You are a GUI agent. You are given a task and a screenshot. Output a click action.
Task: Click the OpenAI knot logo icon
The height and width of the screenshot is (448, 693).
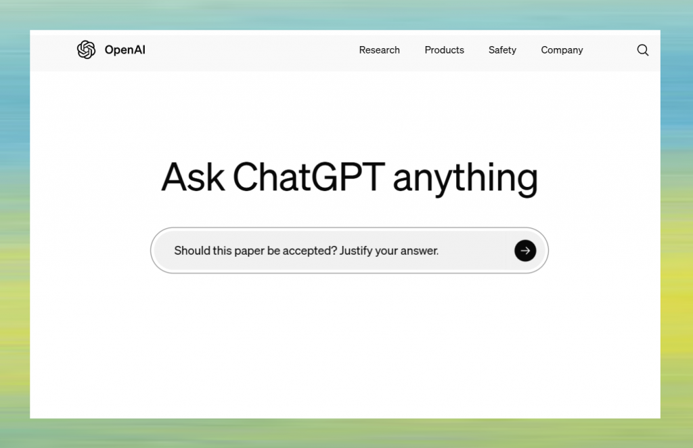(x=86, y=49)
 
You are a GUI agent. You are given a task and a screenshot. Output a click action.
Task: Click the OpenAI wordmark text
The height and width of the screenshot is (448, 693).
(x=125, y=50)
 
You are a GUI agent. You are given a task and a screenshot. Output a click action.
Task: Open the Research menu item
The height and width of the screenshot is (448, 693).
(x=379, y=50)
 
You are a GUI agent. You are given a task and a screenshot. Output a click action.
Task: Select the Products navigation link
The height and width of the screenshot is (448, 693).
(x=444, y=50)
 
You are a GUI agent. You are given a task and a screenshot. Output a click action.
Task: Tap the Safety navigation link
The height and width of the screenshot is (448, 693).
(x=502, y=50)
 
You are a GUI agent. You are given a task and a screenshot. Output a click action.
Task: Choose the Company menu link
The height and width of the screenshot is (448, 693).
(x=562, y=50)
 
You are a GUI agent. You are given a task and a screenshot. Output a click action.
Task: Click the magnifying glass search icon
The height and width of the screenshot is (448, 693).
(x=643, y=50)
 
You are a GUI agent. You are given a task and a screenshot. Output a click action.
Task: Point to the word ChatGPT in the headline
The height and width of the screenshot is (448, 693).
(x=309, y=178)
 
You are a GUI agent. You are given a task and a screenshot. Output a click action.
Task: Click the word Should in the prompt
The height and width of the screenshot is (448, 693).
(x=192, y=251)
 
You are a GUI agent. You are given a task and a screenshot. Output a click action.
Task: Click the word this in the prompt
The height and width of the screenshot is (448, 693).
(x=221, y=251)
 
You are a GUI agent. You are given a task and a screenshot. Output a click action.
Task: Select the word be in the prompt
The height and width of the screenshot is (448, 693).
(x=273, y=251)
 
